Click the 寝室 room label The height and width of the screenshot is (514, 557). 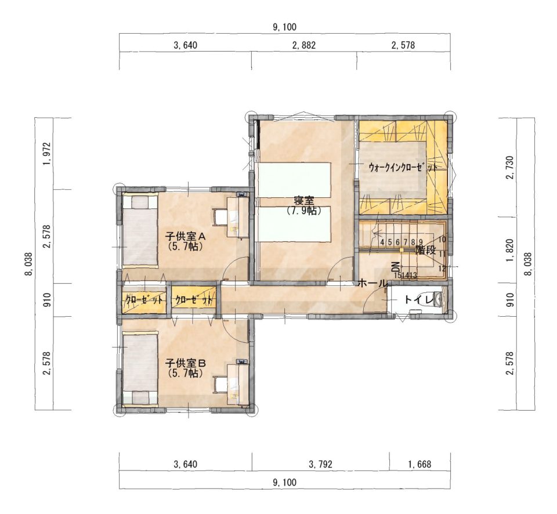coord(303,201)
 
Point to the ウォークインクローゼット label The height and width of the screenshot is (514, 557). coord(403,168)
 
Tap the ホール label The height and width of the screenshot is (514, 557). coord(372,283)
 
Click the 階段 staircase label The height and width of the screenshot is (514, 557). coord(425,250)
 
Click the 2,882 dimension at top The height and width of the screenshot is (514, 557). coord(303,45)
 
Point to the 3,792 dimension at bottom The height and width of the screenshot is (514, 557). coord(321,464)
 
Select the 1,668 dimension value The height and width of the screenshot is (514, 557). coord(419,464)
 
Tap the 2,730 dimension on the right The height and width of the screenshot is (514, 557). coord(511,168)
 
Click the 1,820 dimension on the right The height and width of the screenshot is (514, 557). coord(511,250)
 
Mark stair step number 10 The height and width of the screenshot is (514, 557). coord(442,240)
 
